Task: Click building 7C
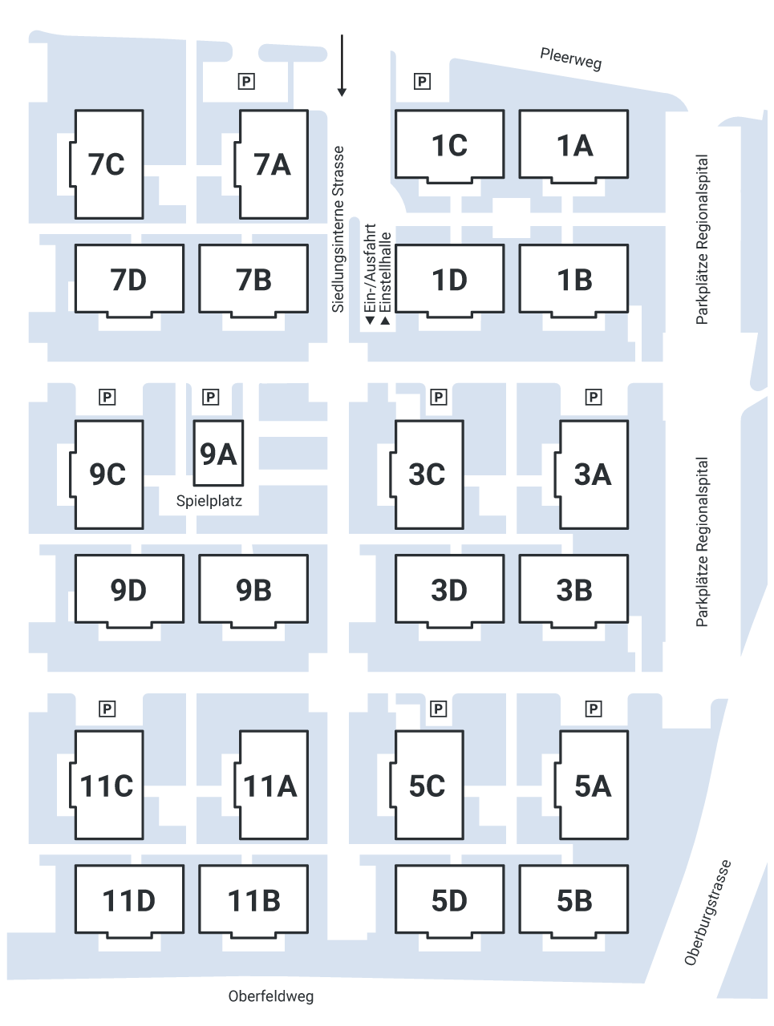click(108, 164)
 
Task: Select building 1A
click(573, 145)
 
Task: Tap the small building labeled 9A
click(218, 454)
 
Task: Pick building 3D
click(449, 590)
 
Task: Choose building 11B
click(253, 900)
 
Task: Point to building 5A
click(593, 786)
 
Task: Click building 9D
click(128, 590)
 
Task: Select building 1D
click(449, 280)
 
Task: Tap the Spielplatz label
click(209, 502)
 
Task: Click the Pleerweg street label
click(570, 59)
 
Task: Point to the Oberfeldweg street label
click(270, 997)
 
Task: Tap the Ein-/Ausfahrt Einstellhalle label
click(378, 277)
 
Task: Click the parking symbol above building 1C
click(422, 81)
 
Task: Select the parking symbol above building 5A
click(594, 709)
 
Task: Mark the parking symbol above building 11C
click(107, 709)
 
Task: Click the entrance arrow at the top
click(342, 92)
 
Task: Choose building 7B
click(253, 280)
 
